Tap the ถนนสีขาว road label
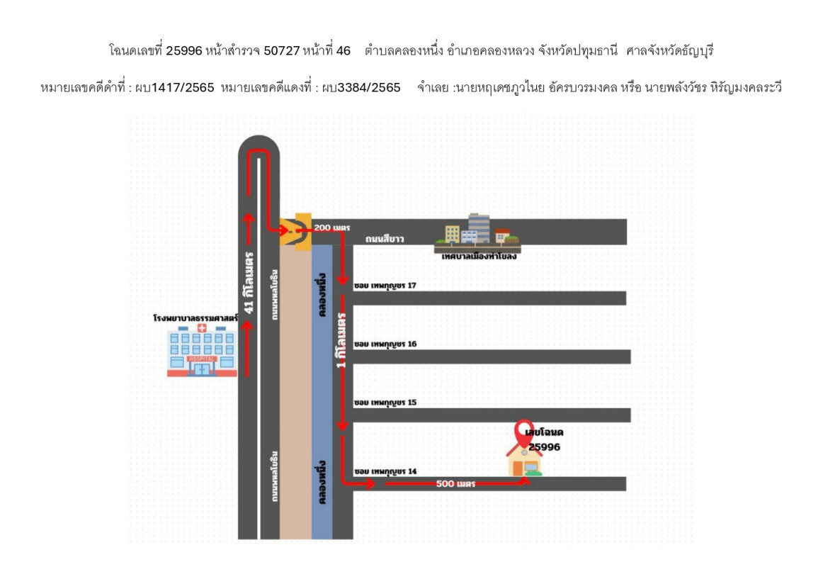(385, 240)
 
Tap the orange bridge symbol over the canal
(296, 230)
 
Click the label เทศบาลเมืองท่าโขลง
(478, 256)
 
